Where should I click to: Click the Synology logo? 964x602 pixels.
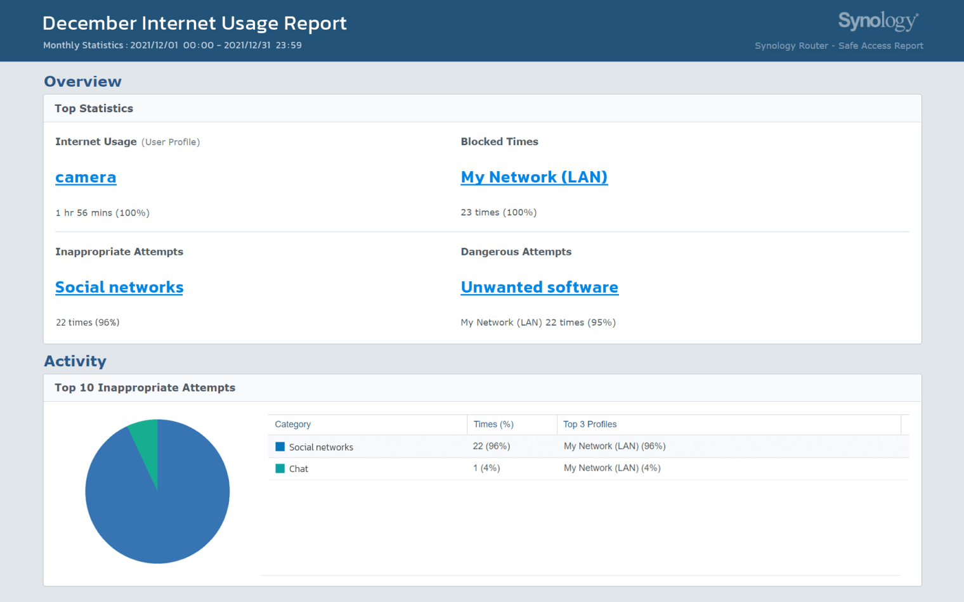tap(878, 22)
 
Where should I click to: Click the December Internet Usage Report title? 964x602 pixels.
tap(194, 23)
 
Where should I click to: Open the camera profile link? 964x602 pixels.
tap(86, 177)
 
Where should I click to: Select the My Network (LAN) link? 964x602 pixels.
tap(534, 177)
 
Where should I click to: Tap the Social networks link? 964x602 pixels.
tap(119, 287)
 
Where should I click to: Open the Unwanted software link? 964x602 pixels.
tap(539, 287)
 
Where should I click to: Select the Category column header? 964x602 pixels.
tap(292, 425)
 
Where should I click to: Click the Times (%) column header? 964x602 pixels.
tap(493, 425)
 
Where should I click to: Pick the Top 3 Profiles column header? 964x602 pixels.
tap(590, 425)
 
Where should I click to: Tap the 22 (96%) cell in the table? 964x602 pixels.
tap(492, 446)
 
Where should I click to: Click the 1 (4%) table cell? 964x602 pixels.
tap(486, 468)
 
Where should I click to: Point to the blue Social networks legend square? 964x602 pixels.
tap(280, 447)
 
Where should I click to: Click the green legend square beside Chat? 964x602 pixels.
tap(280, 469)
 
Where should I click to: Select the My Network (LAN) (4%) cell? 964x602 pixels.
tap(612, 468)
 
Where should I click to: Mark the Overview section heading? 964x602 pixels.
tap(82, 82)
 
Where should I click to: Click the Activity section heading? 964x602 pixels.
tap(75, 361)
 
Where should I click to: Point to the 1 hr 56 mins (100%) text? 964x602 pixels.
tap(102, 213)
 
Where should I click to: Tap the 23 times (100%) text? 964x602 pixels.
tap(498, 212)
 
